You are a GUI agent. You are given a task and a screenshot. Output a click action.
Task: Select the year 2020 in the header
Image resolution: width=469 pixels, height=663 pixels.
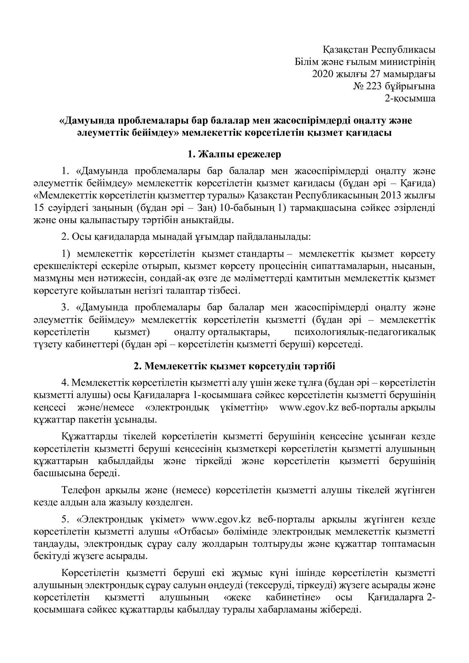(x=323, y=74)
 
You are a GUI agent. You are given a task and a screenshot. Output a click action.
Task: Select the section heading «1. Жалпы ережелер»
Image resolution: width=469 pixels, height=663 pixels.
(x=234, y=154)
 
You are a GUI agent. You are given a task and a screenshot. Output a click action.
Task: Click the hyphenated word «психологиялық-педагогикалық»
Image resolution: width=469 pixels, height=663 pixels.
(x=365, y=332)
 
